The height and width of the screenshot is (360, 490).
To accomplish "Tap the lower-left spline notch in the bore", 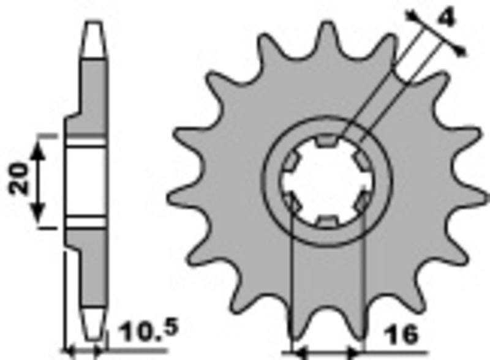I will tap(290, 201).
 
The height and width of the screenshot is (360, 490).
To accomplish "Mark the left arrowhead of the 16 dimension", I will tap(296, 353).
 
